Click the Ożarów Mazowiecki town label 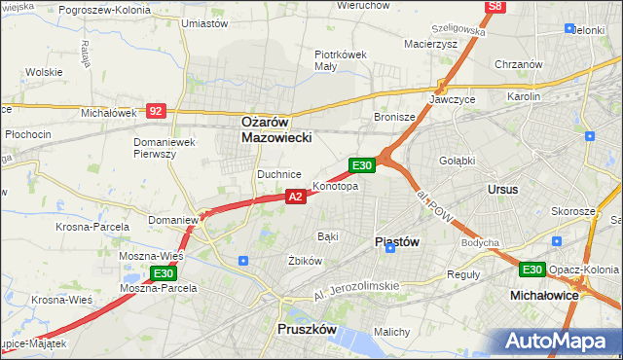[x=276, y=131]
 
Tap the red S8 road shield [x=496, y=7]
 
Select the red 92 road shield [x=156, y=111]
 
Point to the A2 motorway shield [x=297, y=197]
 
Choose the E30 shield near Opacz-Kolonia [x=531, y=270]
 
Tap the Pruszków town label [x=307, y=330]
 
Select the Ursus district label [x=503, y=189]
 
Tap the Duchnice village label [x=279, y=174]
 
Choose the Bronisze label [x=395, y=117]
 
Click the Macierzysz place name [x=430, y=44]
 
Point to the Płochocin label [x=27, y=133]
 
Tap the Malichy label [x=391, y=332]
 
